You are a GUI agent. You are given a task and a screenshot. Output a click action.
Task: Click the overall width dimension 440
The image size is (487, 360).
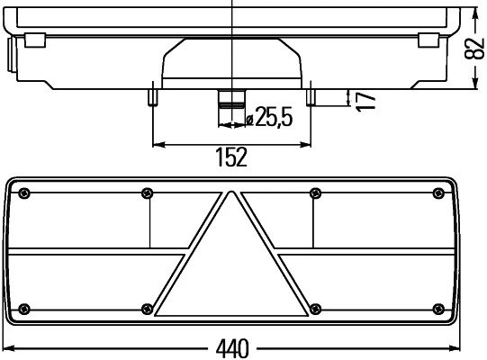pos(231,347)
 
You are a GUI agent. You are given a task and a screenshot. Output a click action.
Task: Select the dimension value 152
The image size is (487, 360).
pos(231,157)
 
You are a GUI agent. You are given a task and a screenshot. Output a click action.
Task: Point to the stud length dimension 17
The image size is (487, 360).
pos(365,99)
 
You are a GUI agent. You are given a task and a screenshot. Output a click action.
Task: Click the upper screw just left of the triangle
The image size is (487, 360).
pos(148,192)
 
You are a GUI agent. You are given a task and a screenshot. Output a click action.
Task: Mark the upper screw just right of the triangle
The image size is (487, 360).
pos(314,192)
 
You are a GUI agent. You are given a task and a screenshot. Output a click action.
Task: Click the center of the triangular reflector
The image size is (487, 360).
pos(232,270)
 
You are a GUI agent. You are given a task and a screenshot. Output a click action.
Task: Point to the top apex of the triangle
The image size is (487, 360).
pos(232,193)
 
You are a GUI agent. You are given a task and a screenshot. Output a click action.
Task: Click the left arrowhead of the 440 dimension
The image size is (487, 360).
pos(7,347)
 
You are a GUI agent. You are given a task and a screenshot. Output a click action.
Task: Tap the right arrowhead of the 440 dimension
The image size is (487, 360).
pos(459,347)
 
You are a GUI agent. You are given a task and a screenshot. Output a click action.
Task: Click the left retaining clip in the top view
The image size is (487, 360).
pos(35,40)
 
